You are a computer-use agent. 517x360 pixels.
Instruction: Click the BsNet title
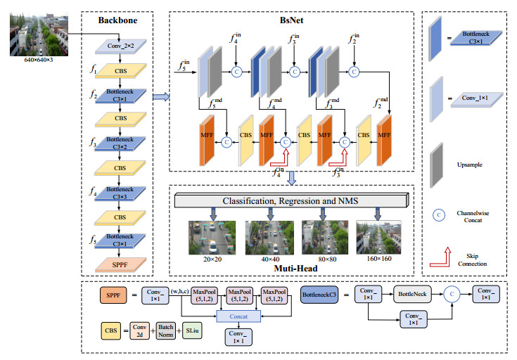click(x=289, y=20)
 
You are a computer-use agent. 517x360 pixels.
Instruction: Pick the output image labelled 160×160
click(x=380, y=237)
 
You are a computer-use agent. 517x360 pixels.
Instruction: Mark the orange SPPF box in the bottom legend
click(x=113, y=295)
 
